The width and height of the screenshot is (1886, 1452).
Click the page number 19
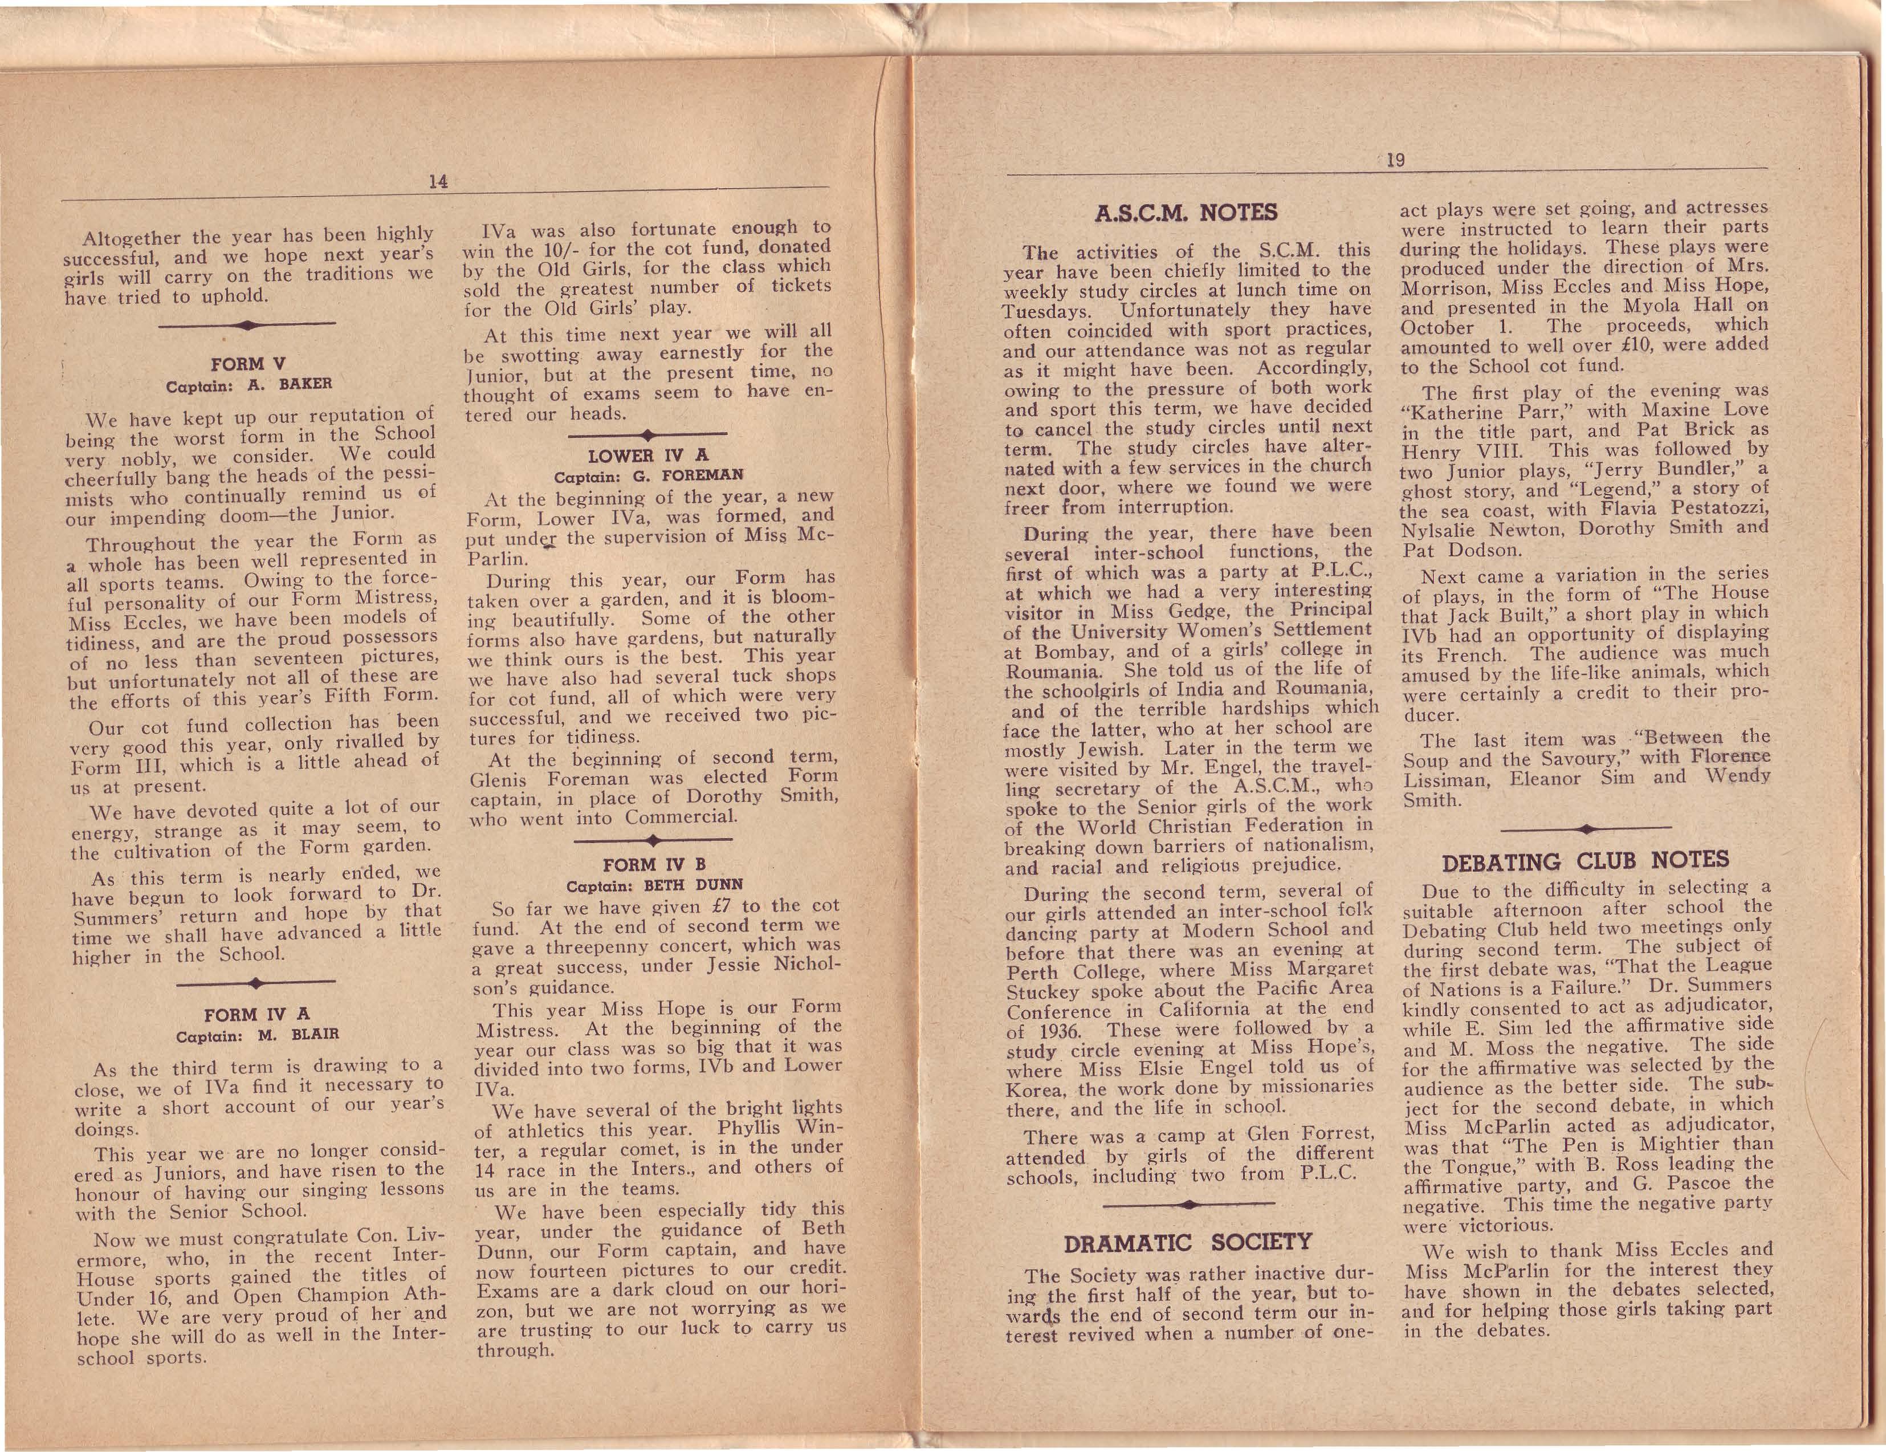1395,160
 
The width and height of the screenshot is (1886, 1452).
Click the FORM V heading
248,364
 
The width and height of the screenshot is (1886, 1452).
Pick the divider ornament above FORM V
248,325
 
